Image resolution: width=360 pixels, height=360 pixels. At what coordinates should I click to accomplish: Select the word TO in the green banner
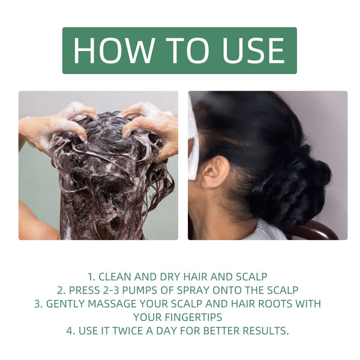pyautogui.click(x=179, y=50)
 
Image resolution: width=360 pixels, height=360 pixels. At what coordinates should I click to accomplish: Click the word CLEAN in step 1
pyautogui.click(x=118, y=277)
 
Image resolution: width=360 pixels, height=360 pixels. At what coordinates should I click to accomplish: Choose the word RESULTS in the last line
pyautogui.click(x=266, y=330)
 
